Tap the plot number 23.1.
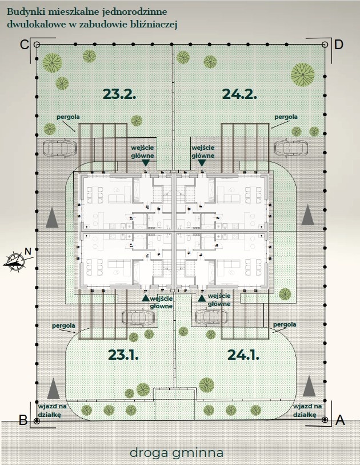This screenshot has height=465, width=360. [x=123, y=355]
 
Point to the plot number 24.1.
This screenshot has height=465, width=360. [x=243, y=355]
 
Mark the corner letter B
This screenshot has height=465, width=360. [x=23, y=420]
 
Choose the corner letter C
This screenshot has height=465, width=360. [x=24, y=45]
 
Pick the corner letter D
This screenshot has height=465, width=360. [x=338, y=45]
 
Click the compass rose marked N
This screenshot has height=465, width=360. [x=15, y=260]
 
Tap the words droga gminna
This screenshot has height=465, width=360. [x=176, y=453]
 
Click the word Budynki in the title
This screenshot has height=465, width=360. [x=24, y=11]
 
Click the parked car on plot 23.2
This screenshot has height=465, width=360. [x=59, y=148]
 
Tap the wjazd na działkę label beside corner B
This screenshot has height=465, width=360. [x=49, y=409]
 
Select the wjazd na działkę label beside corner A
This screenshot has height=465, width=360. [x=306, y=409]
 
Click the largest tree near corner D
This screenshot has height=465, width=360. [x=302, y=74]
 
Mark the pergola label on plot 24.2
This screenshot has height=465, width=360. [x=286, y=116]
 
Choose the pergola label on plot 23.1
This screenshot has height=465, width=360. [x=63, y=326]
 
